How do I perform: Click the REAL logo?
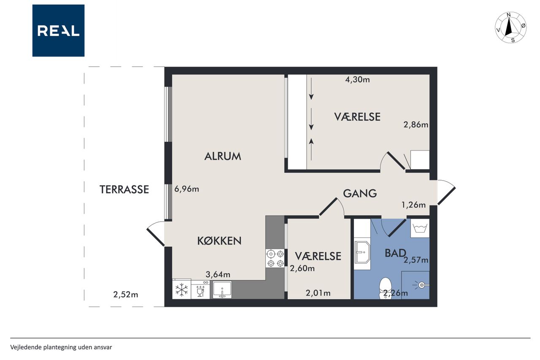[x=58, y=31]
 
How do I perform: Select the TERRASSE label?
[x=124, y=189]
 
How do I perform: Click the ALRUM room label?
[x=222, y=156]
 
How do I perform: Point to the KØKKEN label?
[x=219, y=241]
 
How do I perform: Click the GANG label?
[x=360, y=193]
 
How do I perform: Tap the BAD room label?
[x=395, y=253]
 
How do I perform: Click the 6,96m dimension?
[x=186, y=189]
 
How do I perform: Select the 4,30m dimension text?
[x=357, y=79]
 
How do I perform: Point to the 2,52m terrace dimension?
[x=126, y=295]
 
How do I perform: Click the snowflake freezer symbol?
[x=181, y=290]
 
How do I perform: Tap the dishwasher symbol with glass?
[x=200, y=290]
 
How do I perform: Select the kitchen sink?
[x=222, y=290]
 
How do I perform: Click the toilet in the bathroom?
[x=385, y=288]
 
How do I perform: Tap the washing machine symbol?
[x=420, y=228]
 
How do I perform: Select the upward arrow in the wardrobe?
[x=311, y=149]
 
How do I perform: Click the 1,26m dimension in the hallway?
[x=413, y=205]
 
